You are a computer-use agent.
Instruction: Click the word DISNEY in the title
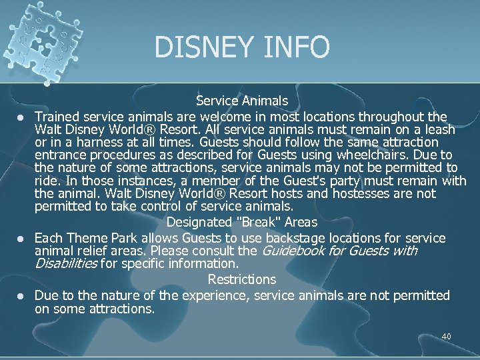[201, 47]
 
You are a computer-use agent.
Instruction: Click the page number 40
[446, 337]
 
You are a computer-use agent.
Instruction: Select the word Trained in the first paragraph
[55, 116]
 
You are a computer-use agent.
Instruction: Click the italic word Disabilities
[65, 264]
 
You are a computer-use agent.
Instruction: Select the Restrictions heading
[241, 279]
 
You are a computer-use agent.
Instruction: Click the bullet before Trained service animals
[21, 117]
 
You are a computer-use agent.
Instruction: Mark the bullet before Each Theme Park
[21, 239]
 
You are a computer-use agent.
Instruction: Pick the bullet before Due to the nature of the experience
[21, 296]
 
